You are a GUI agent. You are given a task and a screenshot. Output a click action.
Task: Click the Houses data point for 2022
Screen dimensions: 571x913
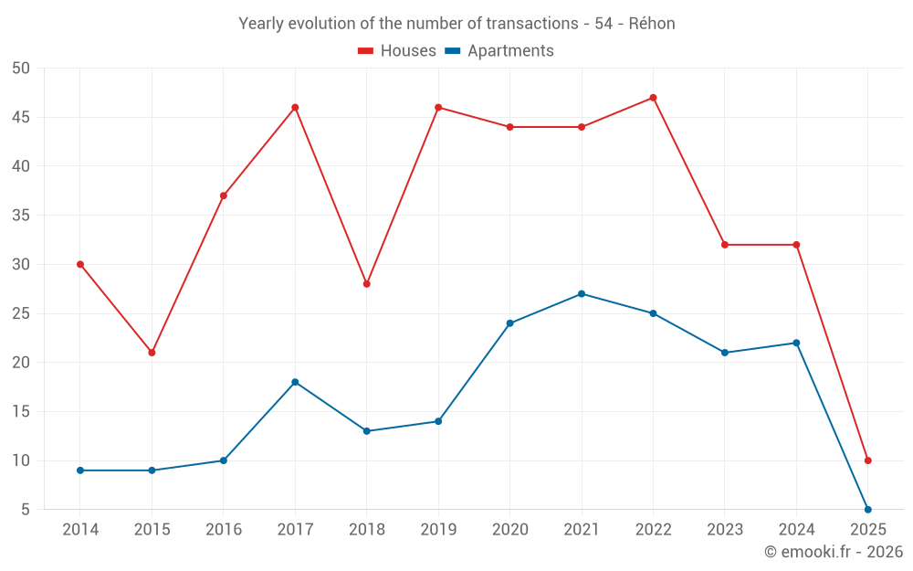[x=653, y=98]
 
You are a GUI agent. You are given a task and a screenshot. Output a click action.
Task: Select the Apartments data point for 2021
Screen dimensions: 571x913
[x=582, y=294]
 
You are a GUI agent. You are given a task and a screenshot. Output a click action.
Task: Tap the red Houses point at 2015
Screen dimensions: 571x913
[x=152, y=353]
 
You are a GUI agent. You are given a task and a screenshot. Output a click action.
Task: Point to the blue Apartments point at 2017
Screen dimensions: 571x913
[x=295, y=382]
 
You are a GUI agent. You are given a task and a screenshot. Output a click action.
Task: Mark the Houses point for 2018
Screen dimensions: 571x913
[x=367, y=284]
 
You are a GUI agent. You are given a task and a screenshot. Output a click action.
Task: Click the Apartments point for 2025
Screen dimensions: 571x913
[x=867, y=510]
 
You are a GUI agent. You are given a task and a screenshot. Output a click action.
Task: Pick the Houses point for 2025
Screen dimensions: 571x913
[x=867, y=460]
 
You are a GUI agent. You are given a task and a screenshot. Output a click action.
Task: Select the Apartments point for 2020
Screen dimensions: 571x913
[x=509, y=323]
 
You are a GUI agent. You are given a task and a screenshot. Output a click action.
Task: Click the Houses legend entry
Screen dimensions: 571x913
[x=397, y=51]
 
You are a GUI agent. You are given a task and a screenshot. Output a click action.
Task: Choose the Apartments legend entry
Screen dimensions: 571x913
[x=499, y=51]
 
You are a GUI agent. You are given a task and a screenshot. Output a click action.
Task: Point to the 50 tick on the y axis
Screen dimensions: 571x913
[x=22, y=69]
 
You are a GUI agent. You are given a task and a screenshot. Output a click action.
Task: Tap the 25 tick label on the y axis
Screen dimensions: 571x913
[x=22, y=313]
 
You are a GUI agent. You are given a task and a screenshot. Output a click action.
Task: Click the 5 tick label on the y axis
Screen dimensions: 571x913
[x=26, y=510]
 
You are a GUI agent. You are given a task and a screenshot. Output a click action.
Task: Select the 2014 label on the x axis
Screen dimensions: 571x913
[x=80, y=530]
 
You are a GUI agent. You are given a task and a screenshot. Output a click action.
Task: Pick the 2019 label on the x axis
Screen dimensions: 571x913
[x=438, y=530]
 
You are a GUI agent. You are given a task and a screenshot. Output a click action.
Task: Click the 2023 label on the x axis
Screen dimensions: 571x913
[x=725, y=530]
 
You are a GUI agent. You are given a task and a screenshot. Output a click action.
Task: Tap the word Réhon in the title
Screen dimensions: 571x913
[x=652, y=24]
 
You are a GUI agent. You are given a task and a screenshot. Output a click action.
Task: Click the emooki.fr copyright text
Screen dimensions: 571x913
[x=834, y=552]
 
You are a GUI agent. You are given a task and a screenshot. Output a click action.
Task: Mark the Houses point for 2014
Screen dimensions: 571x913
[x=80, y=265]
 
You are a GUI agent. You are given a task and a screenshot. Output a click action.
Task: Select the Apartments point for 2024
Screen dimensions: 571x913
[x=796, y=343]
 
